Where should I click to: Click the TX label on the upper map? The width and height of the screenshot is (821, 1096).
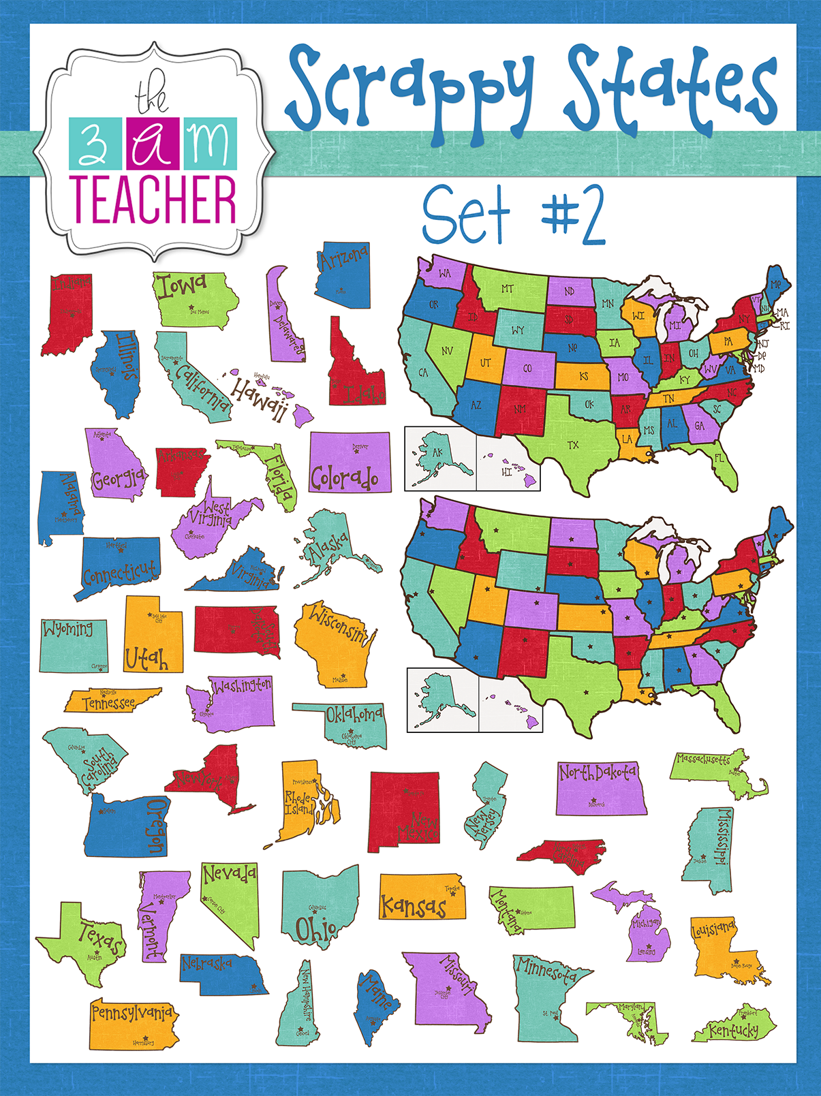[x=573, y=445]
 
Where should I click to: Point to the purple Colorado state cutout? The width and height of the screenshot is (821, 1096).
[x=350, y=463]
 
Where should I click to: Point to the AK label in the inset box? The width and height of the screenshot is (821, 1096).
[x=437, y=452]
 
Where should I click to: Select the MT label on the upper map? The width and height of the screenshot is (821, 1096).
[x=508, y=289]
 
